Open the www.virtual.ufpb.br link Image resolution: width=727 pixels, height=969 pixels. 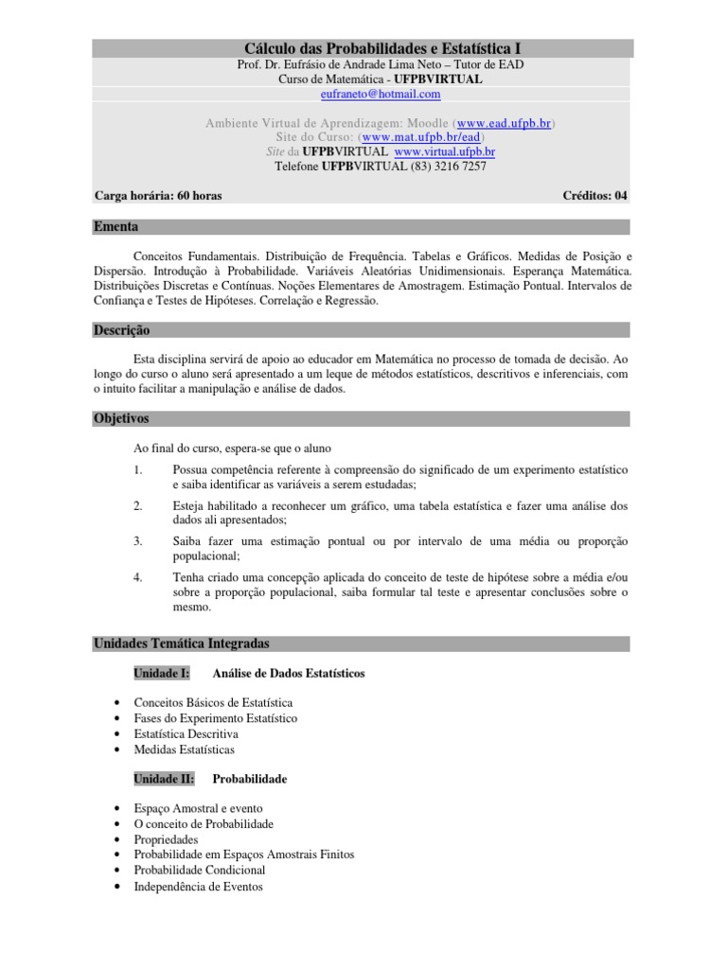pos(445,151)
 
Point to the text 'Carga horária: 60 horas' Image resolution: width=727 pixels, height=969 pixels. pos(158,196)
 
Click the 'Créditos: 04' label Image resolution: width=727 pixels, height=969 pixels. pos(594,196)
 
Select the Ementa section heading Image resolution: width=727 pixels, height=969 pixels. pos(115,227)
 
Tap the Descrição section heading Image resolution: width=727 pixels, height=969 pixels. pos(121,330)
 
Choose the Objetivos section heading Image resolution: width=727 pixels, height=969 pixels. pos(121,418)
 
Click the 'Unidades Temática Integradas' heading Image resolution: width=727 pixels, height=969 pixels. pos(181,643)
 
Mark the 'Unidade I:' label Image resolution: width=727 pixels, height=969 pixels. pos(162,674)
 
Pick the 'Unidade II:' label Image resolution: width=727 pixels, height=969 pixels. pos(164,779)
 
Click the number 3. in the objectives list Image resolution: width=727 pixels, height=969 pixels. pos(138,540)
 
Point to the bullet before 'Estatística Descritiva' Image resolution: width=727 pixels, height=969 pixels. pos(115,734)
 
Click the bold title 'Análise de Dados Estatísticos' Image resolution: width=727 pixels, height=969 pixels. pos(290,674)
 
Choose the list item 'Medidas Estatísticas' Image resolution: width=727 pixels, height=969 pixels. pos(185,749)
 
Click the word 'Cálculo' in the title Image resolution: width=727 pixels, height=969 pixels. pos(272,47)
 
